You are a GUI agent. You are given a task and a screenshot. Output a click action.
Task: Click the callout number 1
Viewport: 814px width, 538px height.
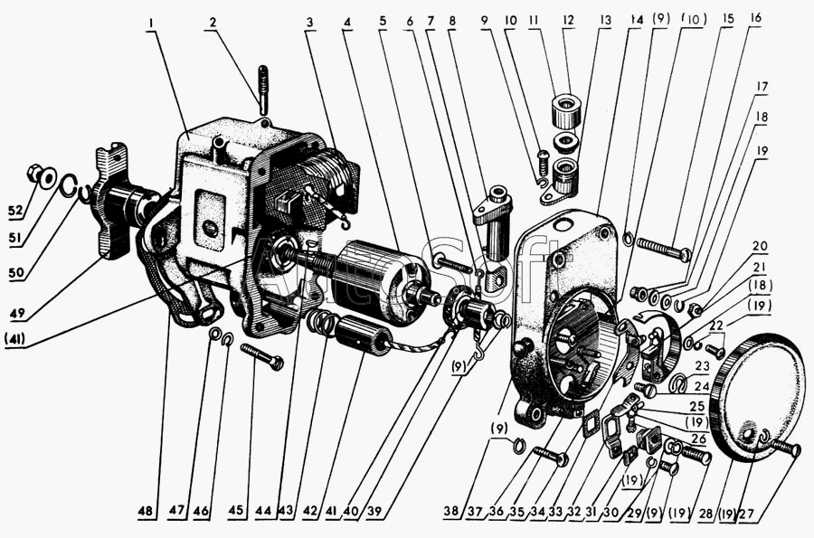(153, 18)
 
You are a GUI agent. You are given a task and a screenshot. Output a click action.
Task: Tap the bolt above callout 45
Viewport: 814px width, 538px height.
(260, 358)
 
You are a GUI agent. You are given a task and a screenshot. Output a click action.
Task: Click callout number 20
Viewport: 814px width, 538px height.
(760, 246)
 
